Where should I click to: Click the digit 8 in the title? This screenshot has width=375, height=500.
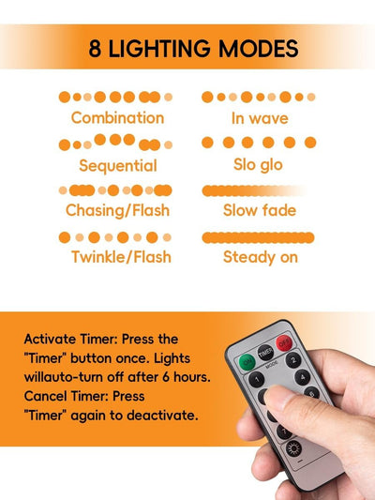point(95,49)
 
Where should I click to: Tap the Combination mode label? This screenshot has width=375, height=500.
point(117,118)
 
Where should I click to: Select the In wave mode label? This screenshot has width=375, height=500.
point(260,118)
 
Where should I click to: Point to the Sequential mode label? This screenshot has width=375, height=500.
point(118,166)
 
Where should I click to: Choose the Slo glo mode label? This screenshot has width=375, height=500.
point(258,165)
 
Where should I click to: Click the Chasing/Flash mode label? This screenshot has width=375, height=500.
point(117,211)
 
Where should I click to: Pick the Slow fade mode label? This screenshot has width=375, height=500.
point(260,210)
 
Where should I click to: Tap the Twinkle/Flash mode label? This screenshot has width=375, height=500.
point(121,257)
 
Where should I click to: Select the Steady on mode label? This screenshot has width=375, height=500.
point(261,257)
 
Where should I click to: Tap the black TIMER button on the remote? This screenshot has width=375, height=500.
point(265,353)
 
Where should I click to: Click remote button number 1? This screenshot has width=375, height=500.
point(256,380)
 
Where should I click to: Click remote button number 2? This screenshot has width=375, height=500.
point(293,360)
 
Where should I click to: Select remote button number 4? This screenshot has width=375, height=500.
point(303,377)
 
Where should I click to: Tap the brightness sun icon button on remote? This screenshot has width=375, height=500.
point(293,449)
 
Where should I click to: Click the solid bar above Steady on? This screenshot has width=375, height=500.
point(258,237)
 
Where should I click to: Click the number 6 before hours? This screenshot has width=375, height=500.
point(166,377)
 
